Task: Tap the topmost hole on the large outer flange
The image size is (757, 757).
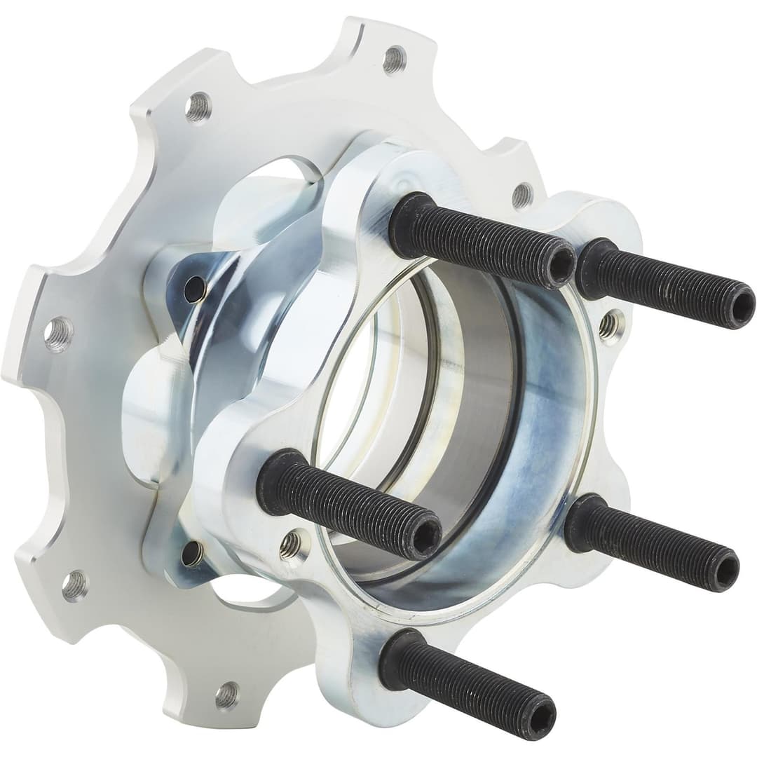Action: pos(394,59)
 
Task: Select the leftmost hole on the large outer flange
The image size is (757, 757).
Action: pos(58,334)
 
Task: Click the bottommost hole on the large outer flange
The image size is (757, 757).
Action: pos(226,694)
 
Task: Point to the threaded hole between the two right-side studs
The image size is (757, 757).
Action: pos(611,323)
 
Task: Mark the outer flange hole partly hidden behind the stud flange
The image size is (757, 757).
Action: pos(522,195)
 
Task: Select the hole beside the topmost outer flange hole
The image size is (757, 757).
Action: pos(198,106)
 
